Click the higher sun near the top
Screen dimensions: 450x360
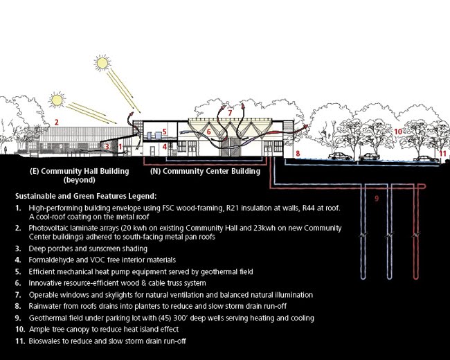point(103,64)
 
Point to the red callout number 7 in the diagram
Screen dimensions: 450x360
point(230,111)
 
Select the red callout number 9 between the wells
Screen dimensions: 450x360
point(377,199)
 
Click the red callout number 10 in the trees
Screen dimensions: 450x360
point(398,130)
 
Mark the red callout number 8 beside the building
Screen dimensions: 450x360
point(298,152)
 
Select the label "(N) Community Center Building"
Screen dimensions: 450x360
point(206,170)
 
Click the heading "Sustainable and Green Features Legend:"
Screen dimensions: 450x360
point(93,195)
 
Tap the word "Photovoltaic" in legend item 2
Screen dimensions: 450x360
point(54,228)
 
